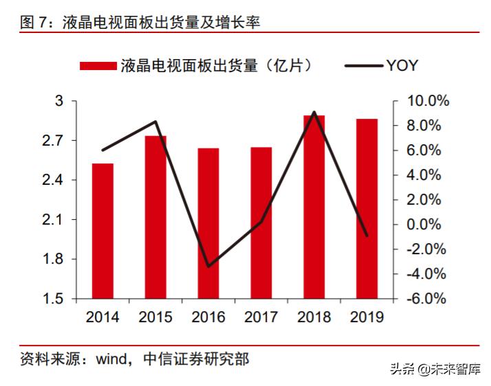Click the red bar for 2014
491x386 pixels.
pos(102,231)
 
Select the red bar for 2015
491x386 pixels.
pos(155,217)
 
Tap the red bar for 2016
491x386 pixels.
pos(208,223)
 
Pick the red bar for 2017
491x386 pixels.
pos(261,223)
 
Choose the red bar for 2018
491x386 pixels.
pos(314,207)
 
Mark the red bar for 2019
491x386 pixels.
pos(367,209)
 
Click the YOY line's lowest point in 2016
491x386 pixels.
pos(208,266)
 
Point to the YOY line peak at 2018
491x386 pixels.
pos(314,112)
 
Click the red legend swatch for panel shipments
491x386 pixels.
pos(98,66)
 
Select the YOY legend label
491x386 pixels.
pos(402,66)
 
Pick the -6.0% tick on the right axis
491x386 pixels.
pos(427,299)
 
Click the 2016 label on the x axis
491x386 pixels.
pos(208,317)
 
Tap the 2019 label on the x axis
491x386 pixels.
pos(367,317)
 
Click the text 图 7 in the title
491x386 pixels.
pos(35,22)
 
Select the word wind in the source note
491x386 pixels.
pos(110,358)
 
